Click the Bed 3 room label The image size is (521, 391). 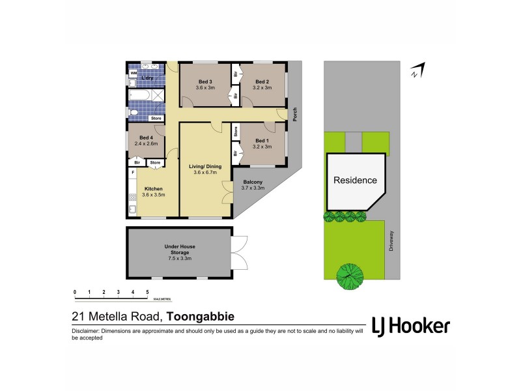(x=205, y=82)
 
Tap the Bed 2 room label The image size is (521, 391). (x=262, y=82)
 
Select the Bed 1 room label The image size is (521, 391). (x=262, y=141)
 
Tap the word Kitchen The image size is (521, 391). (x=153, y=189)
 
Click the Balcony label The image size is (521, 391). (x=253, y=182)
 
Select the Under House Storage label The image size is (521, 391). (x=180, y=250)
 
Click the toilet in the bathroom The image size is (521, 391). (x=134, y=113)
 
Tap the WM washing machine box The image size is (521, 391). (x=134, y=74)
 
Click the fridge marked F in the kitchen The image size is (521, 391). (x=133, y=173)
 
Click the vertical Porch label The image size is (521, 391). (x=295, y=114)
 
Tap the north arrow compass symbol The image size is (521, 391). (x=417, y=70)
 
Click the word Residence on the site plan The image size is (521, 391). (x=355, y=180)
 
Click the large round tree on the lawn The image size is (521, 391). (x=350, y=276)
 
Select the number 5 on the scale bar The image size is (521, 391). (x=148, y=292)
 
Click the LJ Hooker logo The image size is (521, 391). (x=410, y=326)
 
